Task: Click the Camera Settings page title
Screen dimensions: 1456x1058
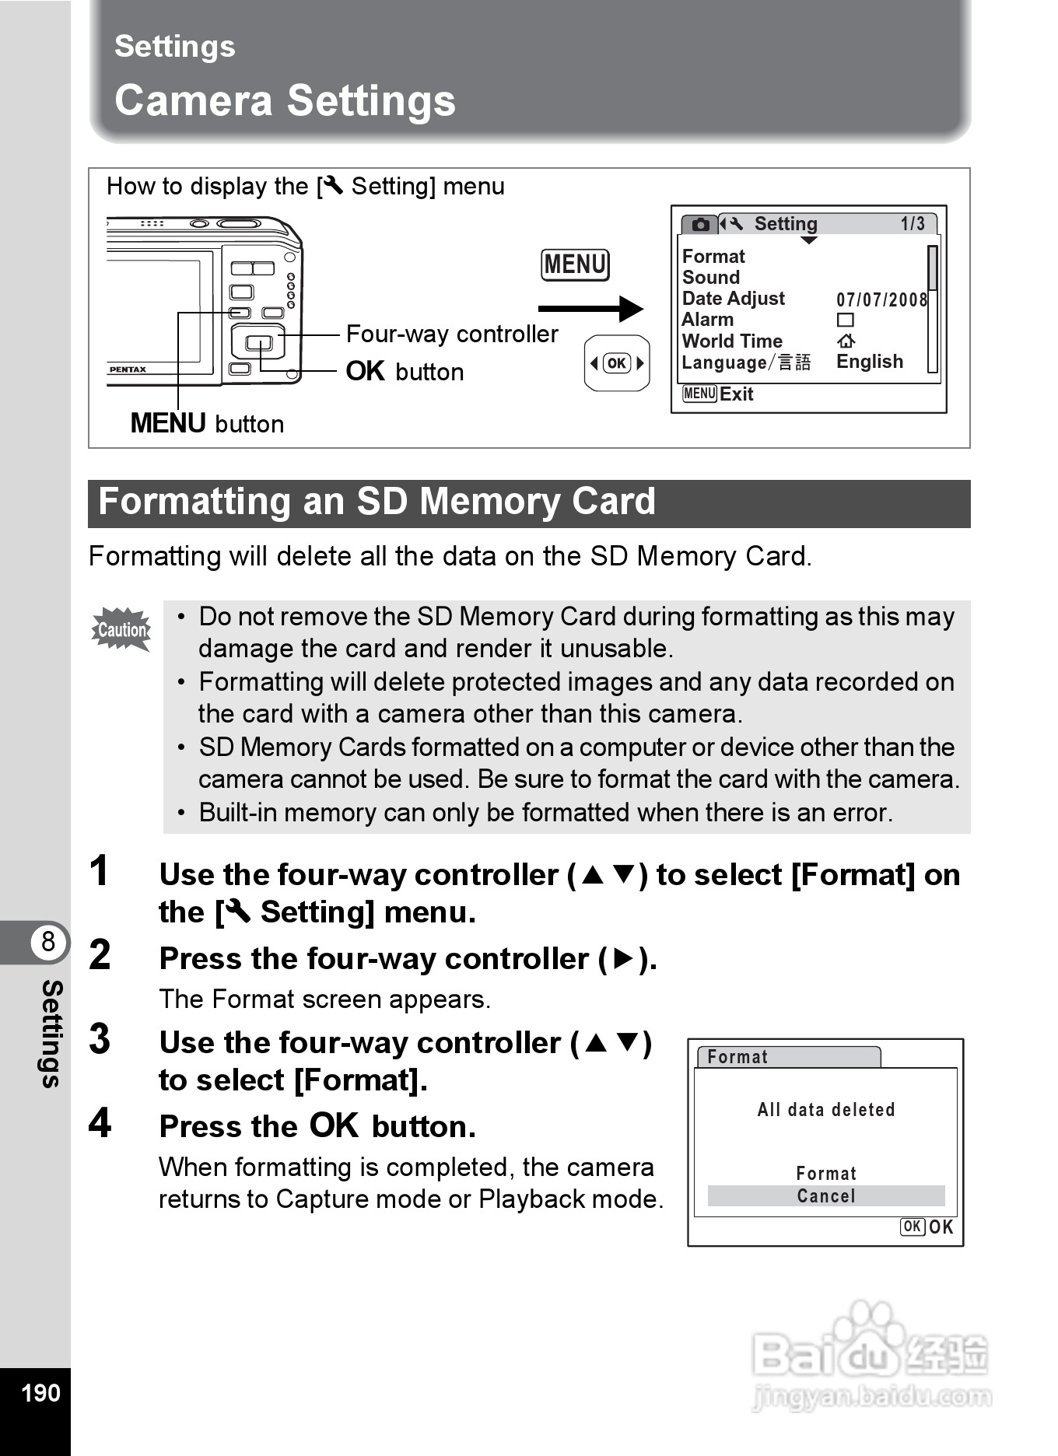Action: tap(285, 101)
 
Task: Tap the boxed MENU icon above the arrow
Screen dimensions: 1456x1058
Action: tap(575, 264)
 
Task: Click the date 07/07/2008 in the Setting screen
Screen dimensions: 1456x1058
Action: tap(881, 299)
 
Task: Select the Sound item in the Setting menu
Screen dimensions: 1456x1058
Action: tap(711, 278)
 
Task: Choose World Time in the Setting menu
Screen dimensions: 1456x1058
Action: tap(732, 341)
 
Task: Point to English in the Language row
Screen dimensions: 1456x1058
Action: tap(870, 362)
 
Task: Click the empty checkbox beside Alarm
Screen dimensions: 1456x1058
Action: tap(845, 320)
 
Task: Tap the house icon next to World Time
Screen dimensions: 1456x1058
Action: tap(846, 341)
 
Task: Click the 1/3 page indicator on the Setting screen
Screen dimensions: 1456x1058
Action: tap(913, 224)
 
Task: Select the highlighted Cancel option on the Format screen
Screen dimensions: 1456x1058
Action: tap(825, 1196)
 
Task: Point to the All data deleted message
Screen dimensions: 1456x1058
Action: tap(825, 1110)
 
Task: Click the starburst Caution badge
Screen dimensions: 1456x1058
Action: tap(121, 629)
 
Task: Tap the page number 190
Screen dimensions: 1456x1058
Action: tap(40, 1393)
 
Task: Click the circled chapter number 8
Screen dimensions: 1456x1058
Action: tap(48, 942)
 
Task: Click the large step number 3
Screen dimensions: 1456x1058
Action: tap(100, 1039)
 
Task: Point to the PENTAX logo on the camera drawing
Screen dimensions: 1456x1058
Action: tap(128, 369)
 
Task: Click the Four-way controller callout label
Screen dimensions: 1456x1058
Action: tap(452, 334)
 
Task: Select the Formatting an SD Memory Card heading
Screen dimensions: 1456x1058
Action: tap(377, 502)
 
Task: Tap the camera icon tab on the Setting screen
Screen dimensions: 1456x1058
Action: tap(700, 225)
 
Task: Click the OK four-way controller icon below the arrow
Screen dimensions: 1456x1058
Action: tap(617, 363)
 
